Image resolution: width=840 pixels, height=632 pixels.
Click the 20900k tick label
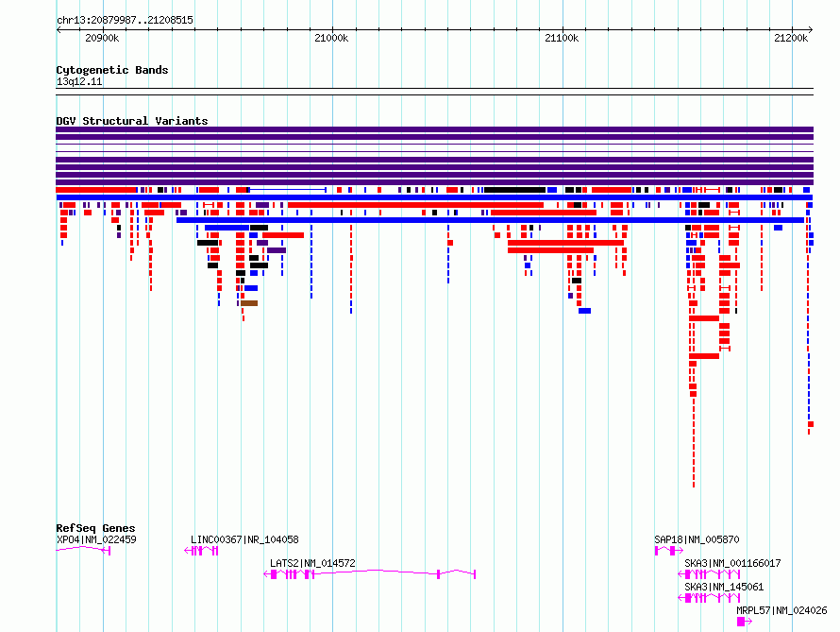(102, 38)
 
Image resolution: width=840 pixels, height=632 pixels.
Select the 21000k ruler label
(331, 38)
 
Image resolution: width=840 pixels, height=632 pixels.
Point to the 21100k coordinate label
(562, 38)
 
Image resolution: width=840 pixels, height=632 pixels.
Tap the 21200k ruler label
(791, 38)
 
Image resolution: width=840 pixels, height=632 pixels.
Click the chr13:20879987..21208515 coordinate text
(125, 21)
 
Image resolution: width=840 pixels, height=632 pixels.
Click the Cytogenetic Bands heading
(112, 70)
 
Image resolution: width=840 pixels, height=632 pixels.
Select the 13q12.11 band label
(78, 81)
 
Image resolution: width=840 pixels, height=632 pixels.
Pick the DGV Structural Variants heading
(132, 121)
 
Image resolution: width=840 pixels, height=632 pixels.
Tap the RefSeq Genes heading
(95, 528)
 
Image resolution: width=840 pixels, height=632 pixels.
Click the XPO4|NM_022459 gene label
(96, 539)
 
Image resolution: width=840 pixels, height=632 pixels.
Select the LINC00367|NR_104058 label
(244, 539)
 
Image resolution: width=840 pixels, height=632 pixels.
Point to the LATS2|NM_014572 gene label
(312, 563)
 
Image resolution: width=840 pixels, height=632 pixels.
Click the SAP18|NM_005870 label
(697, 539)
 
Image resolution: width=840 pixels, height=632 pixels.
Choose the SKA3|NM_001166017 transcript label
(732, 563)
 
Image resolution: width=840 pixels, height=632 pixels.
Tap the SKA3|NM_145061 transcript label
(724, 587)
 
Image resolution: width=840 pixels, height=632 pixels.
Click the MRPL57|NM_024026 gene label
(781, 610)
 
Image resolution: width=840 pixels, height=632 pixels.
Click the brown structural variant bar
(249, 303)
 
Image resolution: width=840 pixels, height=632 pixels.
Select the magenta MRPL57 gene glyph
(744, 622)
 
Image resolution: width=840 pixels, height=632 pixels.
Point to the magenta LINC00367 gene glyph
(201, 551)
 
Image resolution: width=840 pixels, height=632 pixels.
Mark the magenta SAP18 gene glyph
(668, 551)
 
